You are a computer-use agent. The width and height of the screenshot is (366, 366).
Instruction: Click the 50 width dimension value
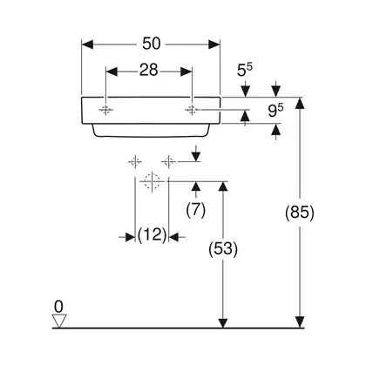pos(151,44)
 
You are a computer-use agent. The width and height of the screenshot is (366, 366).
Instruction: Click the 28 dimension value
pos(148,70)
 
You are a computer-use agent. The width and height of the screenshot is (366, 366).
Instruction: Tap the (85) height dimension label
pos(300,213)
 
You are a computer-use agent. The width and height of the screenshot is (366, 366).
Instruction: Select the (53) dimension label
pos(223,249)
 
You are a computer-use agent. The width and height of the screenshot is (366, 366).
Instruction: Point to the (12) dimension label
pos(152,234)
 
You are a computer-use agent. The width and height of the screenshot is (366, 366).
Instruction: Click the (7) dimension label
pos(196,209)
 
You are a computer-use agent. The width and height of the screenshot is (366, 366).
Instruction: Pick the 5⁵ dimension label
pos(245,70)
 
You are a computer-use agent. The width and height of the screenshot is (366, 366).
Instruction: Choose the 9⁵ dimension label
pos(275,111)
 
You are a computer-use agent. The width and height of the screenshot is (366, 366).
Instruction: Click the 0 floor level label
pos(58,307)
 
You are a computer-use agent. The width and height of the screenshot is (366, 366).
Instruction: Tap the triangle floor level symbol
pos(59,321)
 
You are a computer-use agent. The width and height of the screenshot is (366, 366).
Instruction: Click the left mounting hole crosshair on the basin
pos(105,110)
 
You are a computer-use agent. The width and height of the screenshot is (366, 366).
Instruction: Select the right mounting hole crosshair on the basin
pos(192,110)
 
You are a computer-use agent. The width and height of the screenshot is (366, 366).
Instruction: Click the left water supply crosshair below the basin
pos(135,161)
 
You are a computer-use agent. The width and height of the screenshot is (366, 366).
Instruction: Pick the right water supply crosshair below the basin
pos(168,161)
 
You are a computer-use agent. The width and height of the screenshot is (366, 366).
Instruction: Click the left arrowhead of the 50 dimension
pos(87,44)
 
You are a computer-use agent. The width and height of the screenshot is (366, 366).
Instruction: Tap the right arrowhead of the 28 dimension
pos(186,71)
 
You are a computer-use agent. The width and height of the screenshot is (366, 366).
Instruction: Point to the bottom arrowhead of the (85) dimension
pos(300,322)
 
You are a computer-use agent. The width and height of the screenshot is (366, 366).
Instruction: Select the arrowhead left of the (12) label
pos(130,237)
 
